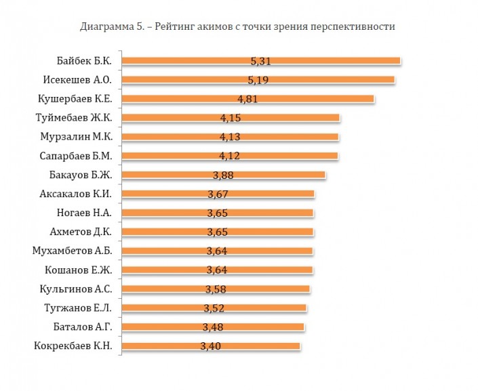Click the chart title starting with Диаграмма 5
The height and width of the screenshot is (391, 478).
[237, 27]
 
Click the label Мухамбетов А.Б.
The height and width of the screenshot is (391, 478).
[77, 251]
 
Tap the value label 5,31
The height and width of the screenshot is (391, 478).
[261, 61]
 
